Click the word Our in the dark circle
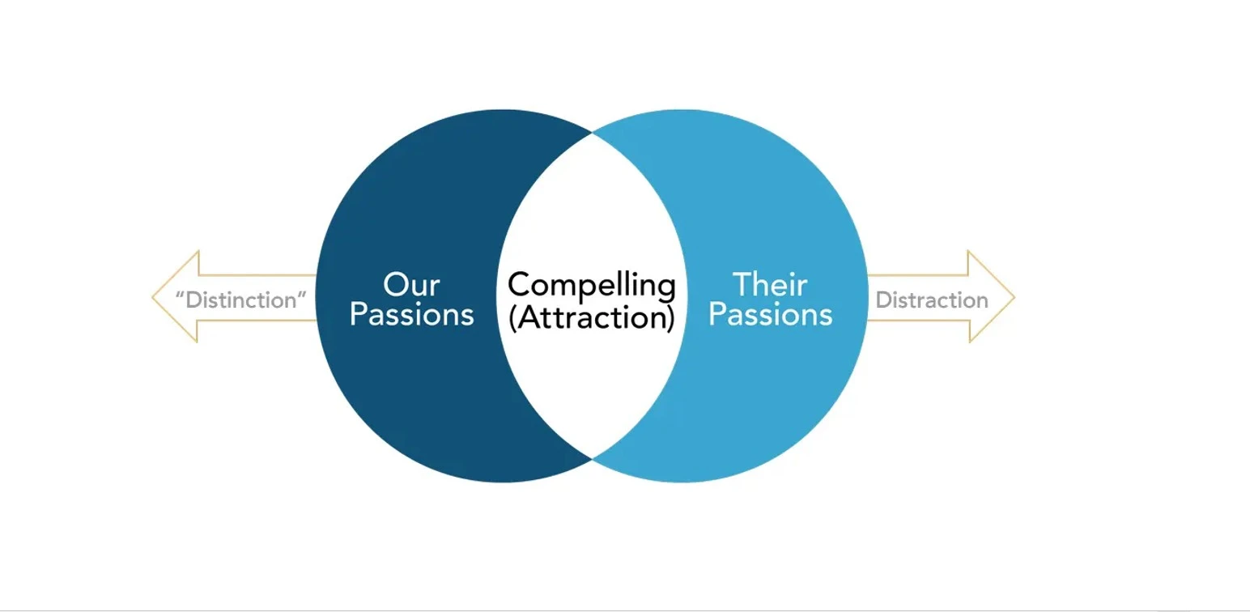tap(411, 285)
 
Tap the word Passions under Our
tap(411, 315)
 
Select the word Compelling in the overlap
tap(591, 286)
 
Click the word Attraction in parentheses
tap(592, 317)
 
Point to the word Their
tap(770, 285)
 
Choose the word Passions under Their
tap(770, 315)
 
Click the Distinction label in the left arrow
tap(241, 300)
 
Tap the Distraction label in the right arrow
tap(932, 300)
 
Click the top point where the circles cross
tap(593, 134)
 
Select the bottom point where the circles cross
tap(593, 459)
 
